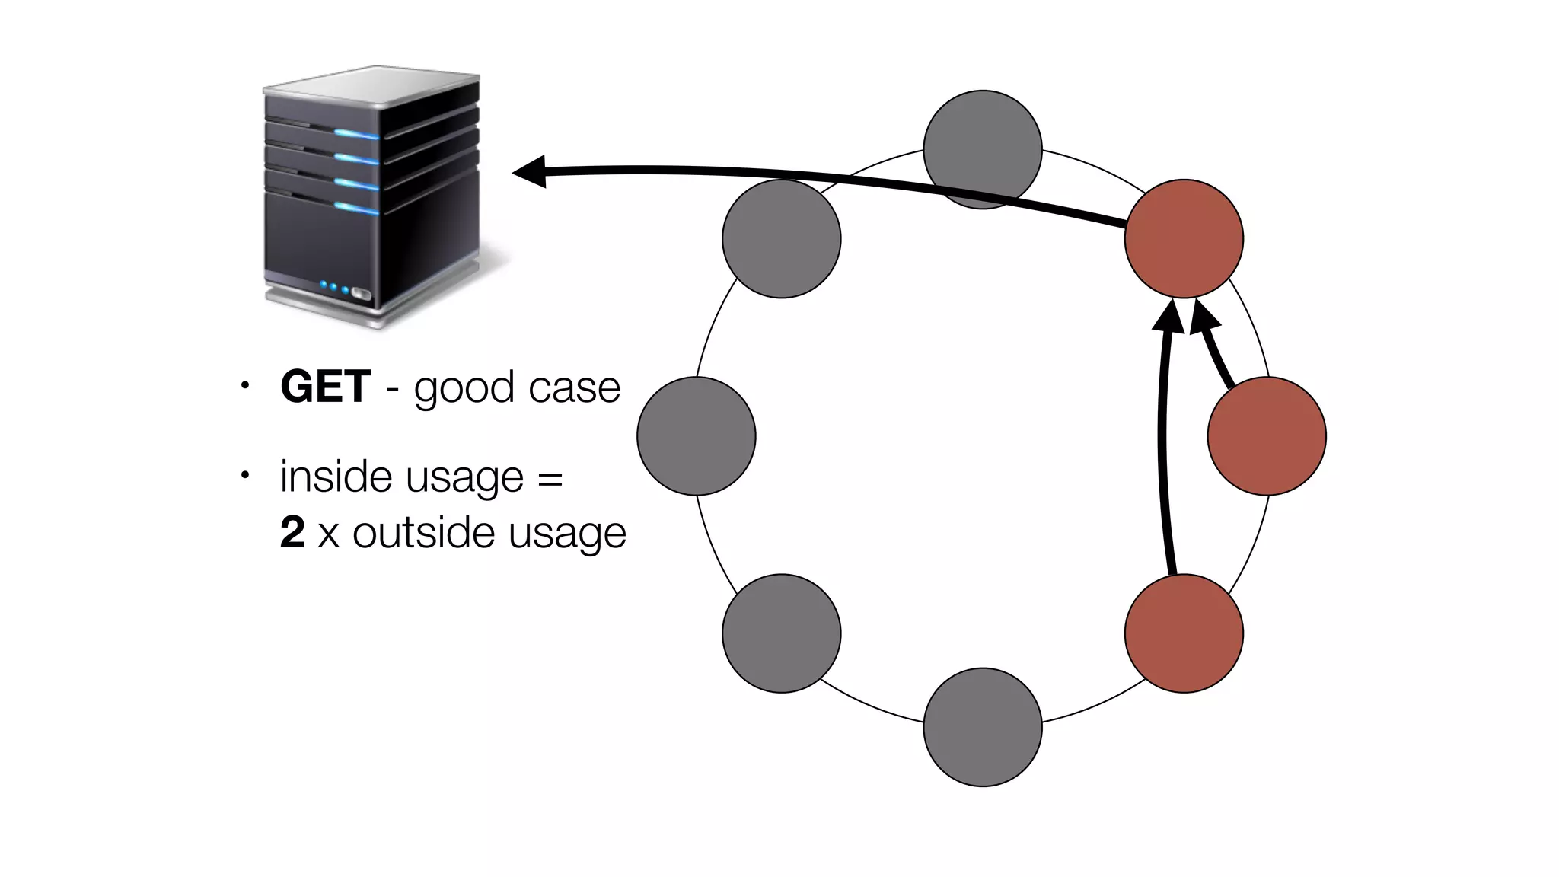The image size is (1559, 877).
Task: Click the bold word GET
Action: pos(325,387)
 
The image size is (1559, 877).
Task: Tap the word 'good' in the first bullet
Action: pos(464,389)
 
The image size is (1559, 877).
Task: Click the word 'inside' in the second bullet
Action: pos(336,477)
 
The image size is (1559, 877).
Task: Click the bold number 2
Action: pos(292,532)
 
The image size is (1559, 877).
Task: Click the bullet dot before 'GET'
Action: pos(244,385)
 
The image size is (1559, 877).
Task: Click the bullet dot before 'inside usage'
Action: pos(244,476)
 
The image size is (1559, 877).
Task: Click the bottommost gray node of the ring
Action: pos(982,727)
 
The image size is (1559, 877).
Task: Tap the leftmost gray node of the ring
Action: pos(696,435)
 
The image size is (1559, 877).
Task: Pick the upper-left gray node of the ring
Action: pos(781,238)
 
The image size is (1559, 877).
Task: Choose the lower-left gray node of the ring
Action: pos(781,633)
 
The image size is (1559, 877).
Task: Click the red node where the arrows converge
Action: pos(1184,238)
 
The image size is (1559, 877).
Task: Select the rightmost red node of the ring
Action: pos(1267,435)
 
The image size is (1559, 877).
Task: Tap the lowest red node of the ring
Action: pos(1184,633)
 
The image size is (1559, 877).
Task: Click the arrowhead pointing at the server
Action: pos(530,171)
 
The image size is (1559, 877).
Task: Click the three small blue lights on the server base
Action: pos(334,288)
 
